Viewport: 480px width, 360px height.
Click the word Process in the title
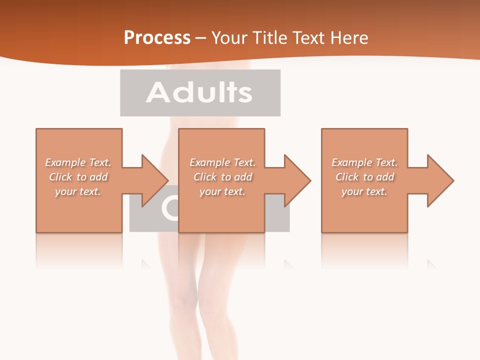[157, 38]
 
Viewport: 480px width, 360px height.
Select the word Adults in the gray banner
[199, 92]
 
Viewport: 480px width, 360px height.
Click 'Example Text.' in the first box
[78, 162]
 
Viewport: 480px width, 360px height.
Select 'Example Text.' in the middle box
[222, 162]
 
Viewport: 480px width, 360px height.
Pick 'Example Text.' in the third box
[364, 162]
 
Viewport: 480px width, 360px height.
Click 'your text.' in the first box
[78, 191]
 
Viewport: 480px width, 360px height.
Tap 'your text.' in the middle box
[222, 191]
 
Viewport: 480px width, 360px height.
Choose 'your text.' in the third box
[364, 191]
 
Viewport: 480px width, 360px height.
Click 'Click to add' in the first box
[78, 177]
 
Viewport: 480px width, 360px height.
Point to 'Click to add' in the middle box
[222, 177]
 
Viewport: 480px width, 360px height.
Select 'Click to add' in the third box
[364, 177]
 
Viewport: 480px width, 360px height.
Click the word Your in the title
[228, 38]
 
